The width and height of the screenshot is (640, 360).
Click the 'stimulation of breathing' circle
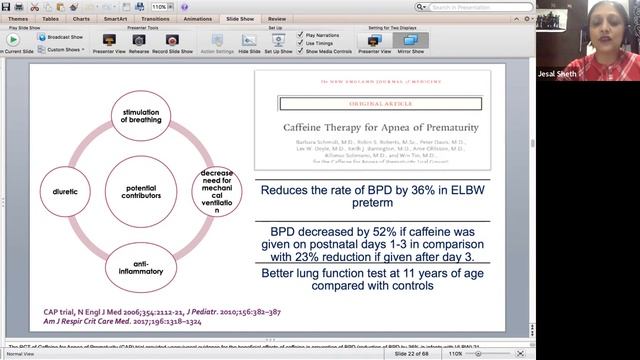point(140,115)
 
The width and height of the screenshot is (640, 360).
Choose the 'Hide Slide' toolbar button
point(249,42)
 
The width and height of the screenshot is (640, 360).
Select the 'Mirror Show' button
point(410,42)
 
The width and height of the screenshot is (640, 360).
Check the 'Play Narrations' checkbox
point(302,33)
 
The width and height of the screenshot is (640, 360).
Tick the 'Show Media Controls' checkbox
point(302,51)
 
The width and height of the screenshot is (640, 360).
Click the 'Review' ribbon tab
point(277,18)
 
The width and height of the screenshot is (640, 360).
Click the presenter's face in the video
point(584,25)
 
